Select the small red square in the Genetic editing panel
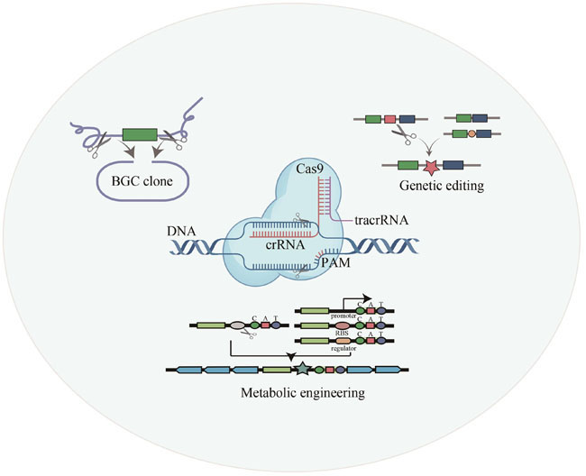(x=389, y=119)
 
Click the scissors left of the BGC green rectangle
(x=105, y=141)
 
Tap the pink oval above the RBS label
(x=342, y=325)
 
